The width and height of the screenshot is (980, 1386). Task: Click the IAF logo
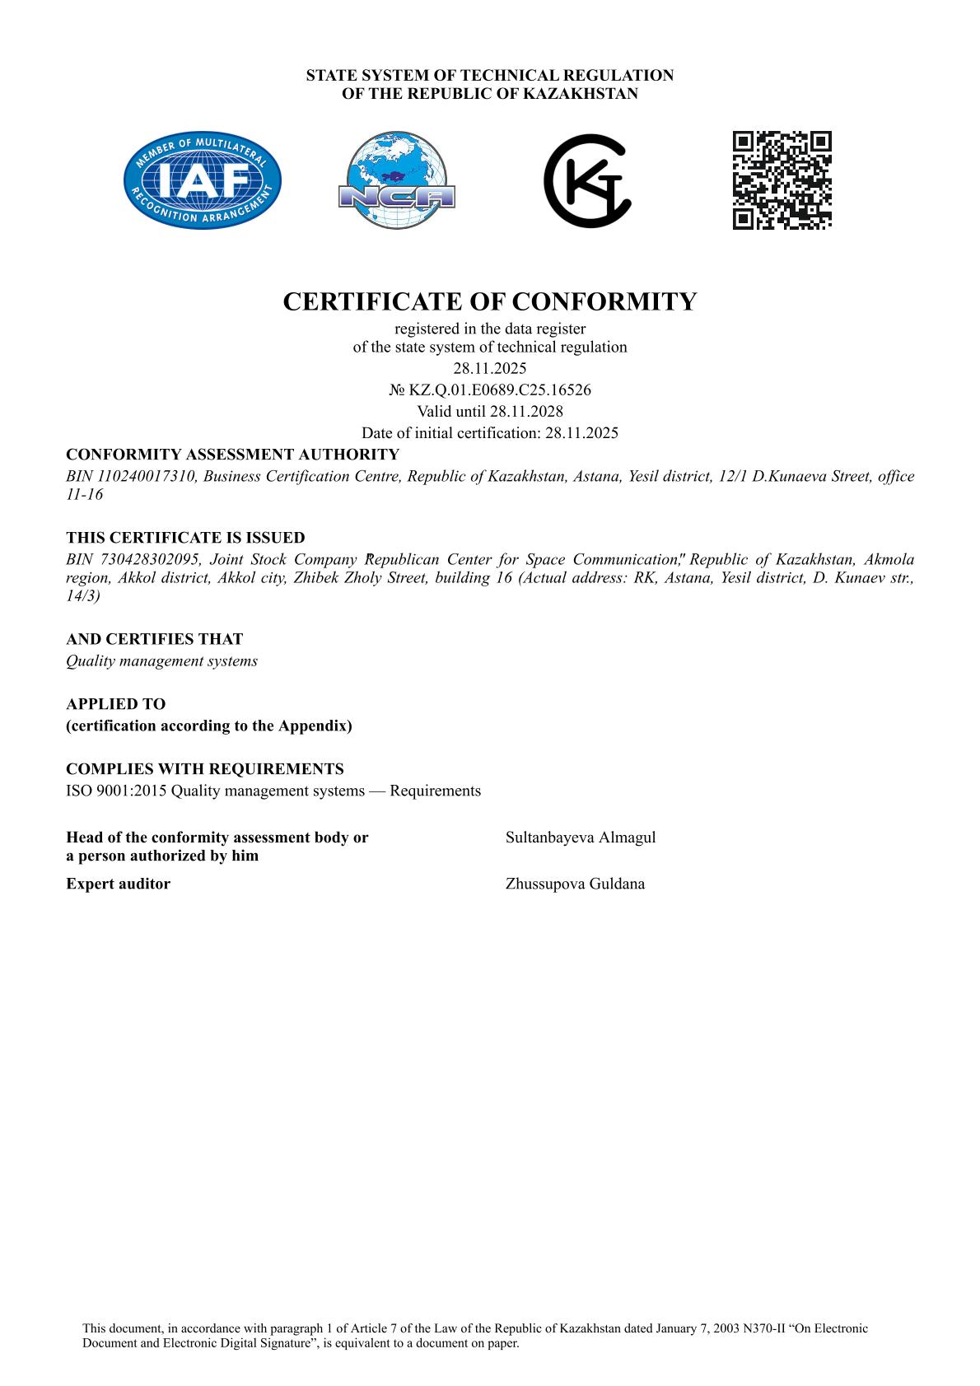click(x=203, y=180)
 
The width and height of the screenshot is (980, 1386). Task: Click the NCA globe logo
click(x=396, y=180)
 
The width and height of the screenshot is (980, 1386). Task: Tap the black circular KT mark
click(x=587, y=180)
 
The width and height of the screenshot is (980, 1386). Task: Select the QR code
click(x=782, y=180)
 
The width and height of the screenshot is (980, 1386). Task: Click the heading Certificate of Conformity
click(x=490, y=301)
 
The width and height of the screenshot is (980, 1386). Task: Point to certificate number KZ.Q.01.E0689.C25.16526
click(x=499, y=390)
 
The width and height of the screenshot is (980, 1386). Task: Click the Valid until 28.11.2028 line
click(x=490, y=411)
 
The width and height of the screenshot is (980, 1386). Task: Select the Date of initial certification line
click(x=490, y=432)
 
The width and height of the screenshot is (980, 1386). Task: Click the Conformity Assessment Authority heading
click(x=232, y=455)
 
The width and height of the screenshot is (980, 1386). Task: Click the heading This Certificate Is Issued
click(x=185, y=538)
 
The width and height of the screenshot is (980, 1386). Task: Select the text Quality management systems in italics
click(x=161, y=660)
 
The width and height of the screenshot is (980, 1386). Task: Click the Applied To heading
click(x=115, y=704)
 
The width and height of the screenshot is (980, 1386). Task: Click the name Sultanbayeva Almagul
click(x=581, y=838)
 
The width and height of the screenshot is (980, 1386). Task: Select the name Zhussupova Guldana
click(x=575, y=884)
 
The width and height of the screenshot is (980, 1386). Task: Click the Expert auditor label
click(x=118, y=884)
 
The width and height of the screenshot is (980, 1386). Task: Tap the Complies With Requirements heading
click(x=205, y=769)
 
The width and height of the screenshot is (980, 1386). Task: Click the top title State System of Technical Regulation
click(x=490, y=76)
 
